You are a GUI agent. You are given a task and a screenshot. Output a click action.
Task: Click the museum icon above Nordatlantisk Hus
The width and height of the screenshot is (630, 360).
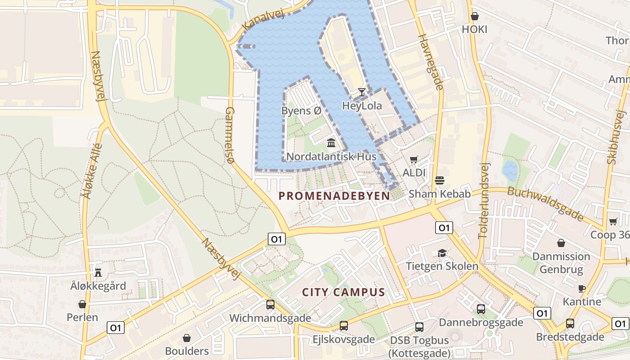click(x=331, y=143)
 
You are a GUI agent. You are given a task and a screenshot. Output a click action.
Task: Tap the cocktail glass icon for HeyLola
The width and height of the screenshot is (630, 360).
click(x=362, y=92)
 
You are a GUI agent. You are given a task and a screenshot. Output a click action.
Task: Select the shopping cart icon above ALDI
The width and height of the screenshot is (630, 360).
click(x=414, y=159)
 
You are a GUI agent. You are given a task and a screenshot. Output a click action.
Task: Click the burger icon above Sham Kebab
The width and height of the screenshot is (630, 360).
click(x=440, y=181)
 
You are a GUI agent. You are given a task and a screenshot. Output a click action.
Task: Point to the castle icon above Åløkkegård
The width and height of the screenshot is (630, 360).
click(x=98, y=272)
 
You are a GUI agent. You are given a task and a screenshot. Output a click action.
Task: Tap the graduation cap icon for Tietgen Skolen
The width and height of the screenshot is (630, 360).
click(x=442, y=253)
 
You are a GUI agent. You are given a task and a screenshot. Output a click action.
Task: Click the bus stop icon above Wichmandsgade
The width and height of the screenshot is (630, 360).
click(x=270, y=304)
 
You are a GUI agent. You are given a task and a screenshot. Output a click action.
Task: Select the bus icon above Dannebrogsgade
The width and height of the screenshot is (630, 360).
click(x=481, y=309)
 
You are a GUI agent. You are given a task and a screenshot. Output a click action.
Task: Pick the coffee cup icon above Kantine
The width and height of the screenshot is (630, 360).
click(x=582, y=288)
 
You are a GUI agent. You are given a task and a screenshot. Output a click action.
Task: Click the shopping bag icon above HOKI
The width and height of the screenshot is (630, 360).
click(x=474, y=17)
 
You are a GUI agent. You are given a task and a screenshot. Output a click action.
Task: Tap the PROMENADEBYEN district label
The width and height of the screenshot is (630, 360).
click(x=334, y=196)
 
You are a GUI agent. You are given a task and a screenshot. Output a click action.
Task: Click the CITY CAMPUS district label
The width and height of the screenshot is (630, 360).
click(x=343, y=292)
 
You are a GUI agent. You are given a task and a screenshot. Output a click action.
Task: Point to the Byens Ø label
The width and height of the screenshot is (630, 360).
click(x=301, y=110)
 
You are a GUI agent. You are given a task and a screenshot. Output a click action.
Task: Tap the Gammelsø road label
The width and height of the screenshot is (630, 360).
click(x=230, y=135)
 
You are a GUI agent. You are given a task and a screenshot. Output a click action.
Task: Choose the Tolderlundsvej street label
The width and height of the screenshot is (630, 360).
click(x=484, y=200)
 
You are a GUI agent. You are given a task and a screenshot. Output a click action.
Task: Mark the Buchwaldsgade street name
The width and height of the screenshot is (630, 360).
click(x=545, y=203)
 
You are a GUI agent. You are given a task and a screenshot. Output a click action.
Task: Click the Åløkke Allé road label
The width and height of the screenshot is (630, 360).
click(x=92, y=171)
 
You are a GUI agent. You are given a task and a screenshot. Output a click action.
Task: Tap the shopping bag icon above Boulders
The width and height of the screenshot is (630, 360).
click(x=187, y=338)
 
